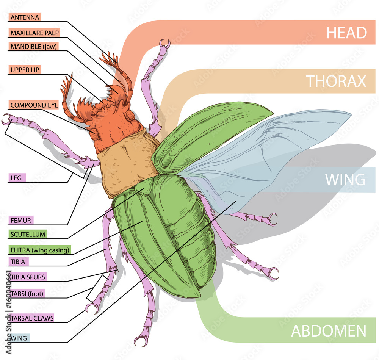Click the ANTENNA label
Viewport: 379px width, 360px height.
pos(24,17)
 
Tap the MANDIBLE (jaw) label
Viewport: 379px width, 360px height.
pos(34,47)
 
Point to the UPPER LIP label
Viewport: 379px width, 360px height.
pos(25,70)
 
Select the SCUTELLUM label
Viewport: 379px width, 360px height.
pos(27,234)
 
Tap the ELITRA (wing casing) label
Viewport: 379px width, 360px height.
pos(39,250)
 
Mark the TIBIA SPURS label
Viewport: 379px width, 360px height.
pos(27,277)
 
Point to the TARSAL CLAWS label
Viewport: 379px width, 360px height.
pos(32,318)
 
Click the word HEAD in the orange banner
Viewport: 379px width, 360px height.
pos(346,33)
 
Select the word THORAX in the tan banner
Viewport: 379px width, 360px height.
pos(336,81)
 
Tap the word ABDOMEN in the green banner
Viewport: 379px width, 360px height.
pos(329,331)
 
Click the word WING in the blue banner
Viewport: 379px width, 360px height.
pos(345,179)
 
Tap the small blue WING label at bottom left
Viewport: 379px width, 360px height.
pos(19,338)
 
